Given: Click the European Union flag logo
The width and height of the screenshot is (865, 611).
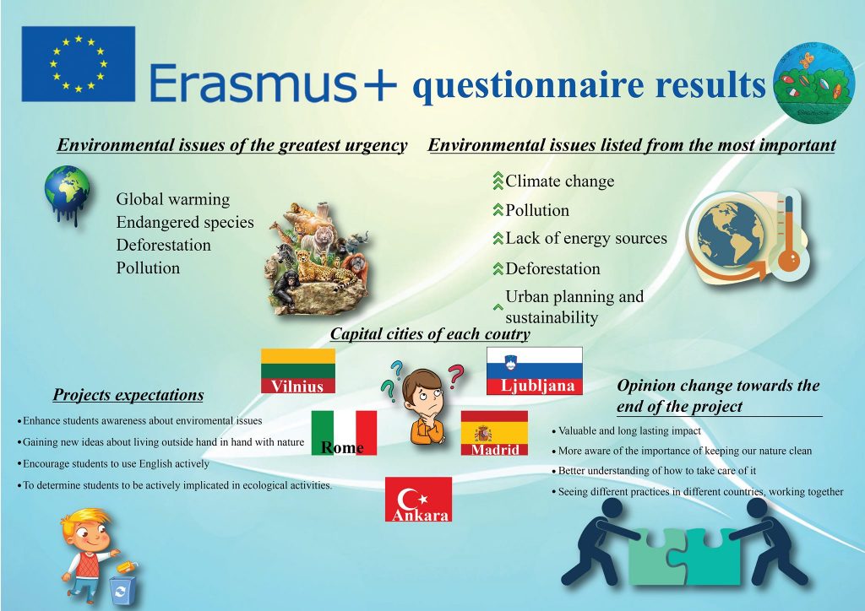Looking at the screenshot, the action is click(79, 64).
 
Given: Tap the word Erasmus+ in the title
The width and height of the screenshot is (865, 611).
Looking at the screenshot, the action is click(273, 83).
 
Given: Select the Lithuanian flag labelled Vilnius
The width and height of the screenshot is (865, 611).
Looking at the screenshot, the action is click(298, 370).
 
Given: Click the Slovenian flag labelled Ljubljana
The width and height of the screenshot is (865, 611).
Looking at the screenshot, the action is click(535, 370).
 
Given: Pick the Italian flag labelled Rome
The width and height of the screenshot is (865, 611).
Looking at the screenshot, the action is click(345, 432).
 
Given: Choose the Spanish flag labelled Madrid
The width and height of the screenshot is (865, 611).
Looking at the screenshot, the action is click(494, 433).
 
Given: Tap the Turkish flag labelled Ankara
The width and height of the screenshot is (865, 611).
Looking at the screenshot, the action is click(419, 499).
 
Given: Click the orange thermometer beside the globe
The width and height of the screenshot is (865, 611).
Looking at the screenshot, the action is click(790, 234).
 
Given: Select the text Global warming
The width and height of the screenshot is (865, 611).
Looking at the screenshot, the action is click(172, 199).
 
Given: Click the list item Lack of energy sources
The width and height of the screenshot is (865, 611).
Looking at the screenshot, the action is click(586, 239).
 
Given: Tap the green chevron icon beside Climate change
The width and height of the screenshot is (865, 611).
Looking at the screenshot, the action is click(498, 181).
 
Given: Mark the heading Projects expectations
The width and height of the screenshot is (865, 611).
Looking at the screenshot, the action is click(128, 395).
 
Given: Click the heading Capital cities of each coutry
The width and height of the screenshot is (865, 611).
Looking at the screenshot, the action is click(430, 334).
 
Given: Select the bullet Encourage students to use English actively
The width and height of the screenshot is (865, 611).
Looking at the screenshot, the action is click(114, 464).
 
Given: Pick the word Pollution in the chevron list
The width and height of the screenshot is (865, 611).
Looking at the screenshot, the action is click(536, 210).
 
